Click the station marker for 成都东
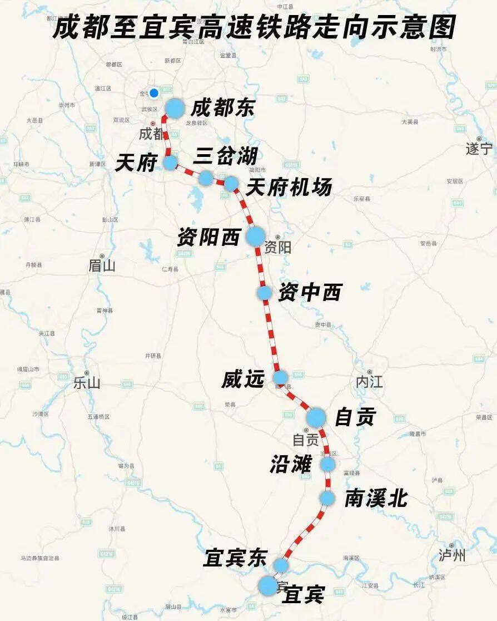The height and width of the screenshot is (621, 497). click(175, 109)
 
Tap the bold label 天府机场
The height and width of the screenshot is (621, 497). click(289, 188)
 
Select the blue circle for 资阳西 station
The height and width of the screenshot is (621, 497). click(256, 236)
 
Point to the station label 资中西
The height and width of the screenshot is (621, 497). click(310, 293)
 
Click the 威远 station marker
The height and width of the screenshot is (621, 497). click(280, 378)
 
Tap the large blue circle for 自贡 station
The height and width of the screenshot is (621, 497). click(316, 417)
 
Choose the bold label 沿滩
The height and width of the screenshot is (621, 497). click(291, 465)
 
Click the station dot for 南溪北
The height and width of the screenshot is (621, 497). click(328, 498)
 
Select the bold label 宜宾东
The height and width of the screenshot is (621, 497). click(235, 558)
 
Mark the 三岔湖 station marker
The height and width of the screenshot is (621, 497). click(206, 178)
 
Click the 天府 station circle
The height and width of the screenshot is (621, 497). click(170, 162)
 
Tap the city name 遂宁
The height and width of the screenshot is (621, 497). click(479, 149)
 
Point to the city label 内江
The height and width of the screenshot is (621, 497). click(370, 382)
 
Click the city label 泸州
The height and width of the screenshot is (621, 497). click(452, 555)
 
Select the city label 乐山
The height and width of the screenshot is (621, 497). click(87, 383)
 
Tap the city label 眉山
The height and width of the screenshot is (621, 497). click(102, 266)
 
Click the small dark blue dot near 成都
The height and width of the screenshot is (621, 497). click(154, 92)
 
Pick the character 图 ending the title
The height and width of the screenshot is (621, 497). click(442, 26)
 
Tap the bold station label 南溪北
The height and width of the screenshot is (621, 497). click(376, 499)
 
